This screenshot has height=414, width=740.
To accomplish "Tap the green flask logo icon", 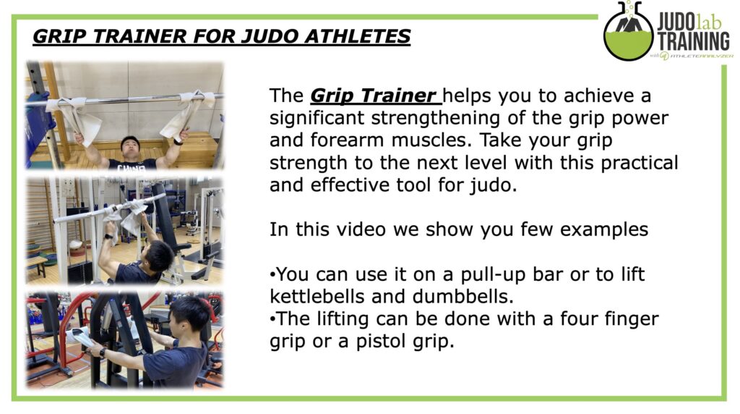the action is pyautogui.click(x=629, y=31).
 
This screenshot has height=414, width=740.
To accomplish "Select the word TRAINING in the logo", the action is pyautogui.click(x=694, y=41).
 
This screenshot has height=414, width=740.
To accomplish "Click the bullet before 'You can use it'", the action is pyautogui.click(x=272, y=275).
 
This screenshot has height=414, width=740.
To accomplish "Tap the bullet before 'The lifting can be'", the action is pyautogui.click(x=272, y=319).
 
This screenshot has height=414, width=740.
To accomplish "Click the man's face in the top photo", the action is pyautogui.click(x=130, y=147).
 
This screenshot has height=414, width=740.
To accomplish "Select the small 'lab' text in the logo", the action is pyautogui.click(x=709, y=22).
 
